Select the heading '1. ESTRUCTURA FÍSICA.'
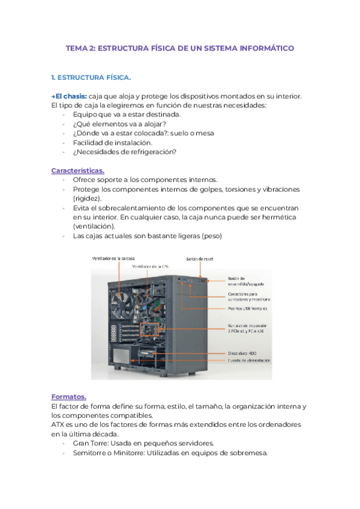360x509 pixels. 91,78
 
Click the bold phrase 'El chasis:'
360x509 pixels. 71,97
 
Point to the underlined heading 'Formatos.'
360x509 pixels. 69,397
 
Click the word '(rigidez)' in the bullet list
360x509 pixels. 87,198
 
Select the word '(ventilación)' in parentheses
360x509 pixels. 94,226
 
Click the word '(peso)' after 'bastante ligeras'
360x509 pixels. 212,236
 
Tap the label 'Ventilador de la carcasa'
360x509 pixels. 113,259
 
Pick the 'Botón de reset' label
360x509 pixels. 199,259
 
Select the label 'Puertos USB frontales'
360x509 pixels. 247,309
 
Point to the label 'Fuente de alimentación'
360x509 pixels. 249,361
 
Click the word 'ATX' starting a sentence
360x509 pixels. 59,424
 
